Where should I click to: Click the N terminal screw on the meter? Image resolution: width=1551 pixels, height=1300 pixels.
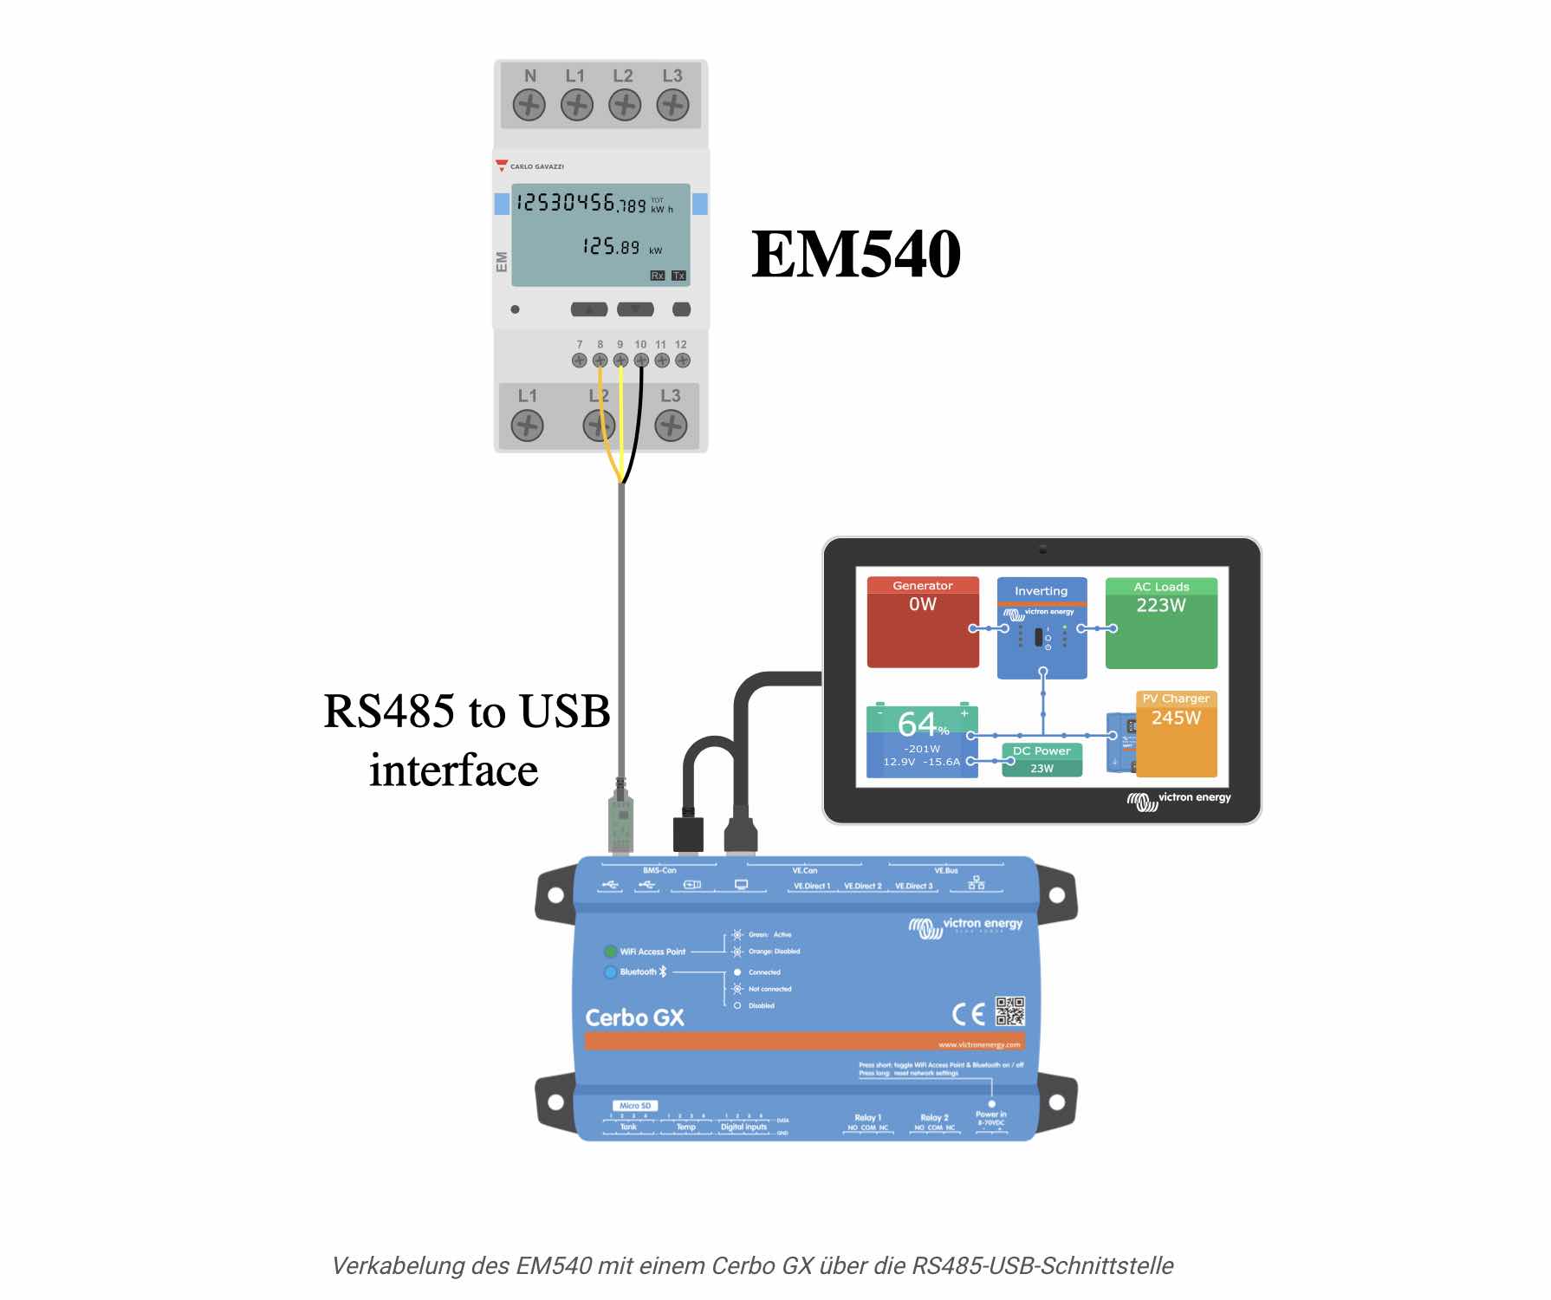pyautogui.click(x=529, y=106)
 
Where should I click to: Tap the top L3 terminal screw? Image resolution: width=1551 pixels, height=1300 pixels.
pyautogui.click(x=672, y=106)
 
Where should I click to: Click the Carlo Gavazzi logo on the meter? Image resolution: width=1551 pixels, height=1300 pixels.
pyautogui.click(x=530, y=166)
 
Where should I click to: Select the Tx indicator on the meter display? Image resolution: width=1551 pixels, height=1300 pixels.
pyautogui.click(x=678, y=276)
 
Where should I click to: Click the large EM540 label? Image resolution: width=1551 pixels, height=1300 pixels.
pyautogui.click(x=856, y=254)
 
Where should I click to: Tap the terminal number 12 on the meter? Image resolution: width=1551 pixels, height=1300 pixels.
pyautogui.click(x=681, y=345)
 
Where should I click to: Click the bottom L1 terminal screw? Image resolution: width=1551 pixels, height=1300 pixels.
pyautogui.click(x=527, y=426)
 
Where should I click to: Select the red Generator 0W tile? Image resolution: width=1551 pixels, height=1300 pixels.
pyautogui.click(x=923, y=622)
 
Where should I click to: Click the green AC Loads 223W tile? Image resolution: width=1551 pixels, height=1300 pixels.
pyautogui.click(x=1161, y=622)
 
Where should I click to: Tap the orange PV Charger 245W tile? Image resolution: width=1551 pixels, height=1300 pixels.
pyautogui.click(x=1176, y=733)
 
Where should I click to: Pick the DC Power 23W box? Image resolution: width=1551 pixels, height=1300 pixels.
pyautogui.click(x=1042, y=759)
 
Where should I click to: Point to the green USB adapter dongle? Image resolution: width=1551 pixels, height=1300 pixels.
pyautogui.click(x=620, y=819)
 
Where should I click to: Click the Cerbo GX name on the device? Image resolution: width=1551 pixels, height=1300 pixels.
pyautogui.click(x=634, y=1017)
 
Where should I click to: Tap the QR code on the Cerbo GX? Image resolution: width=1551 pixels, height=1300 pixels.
pyautogui.click(x=1010, y=1011)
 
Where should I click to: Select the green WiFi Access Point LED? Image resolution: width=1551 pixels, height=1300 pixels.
pyautogui.click(x=610, y=952)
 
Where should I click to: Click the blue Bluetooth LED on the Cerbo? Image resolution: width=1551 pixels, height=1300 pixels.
pyautogui.click(x=610, y=972)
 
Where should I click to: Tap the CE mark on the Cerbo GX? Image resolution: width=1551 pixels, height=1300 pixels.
pyautogui.click(x=969, y=1013)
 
